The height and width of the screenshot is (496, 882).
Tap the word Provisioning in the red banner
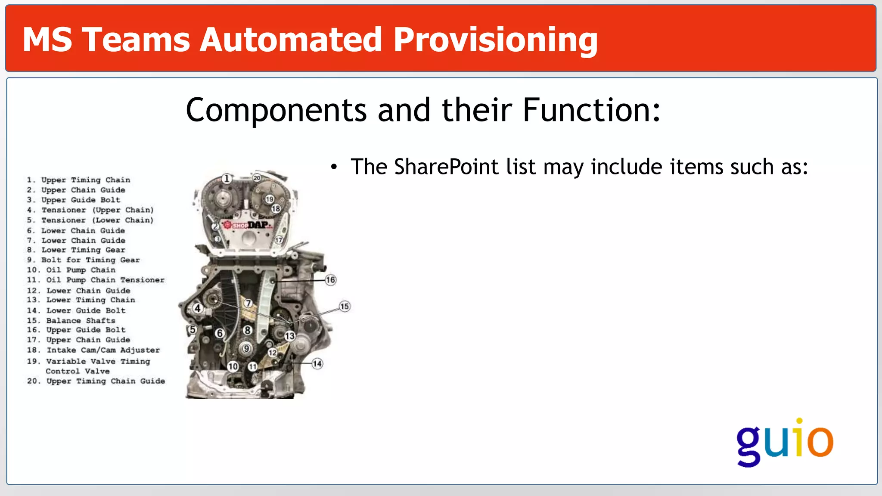(495, 40)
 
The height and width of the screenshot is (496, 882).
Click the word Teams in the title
(136, 40)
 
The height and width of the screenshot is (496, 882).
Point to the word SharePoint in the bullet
(446, 167)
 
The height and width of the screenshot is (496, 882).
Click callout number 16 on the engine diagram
(330, 280)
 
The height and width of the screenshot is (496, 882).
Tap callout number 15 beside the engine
(345, 307)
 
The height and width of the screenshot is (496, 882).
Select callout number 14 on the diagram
(317, 364)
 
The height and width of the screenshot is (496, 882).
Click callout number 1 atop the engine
(227, 178)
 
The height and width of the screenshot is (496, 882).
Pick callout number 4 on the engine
(198, 308)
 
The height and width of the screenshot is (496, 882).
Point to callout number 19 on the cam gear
(270, 199)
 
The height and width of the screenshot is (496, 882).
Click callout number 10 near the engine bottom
(233, 366)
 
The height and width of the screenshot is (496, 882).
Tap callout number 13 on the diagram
(290, 336)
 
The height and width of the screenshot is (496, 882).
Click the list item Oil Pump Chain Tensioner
(105, 280)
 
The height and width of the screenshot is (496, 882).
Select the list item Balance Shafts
(81, 321)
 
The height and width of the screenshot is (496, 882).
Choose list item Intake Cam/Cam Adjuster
(103, 350)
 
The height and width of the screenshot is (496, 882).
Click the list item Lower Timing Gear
(83, 250)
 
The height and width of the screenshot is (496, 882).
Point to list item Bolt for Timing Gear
(90, 260)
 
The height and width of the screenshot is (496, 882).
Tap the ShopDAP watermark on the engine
(248, 225)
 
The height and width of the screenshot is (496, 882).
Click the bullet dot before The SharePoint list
(334, 167)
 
